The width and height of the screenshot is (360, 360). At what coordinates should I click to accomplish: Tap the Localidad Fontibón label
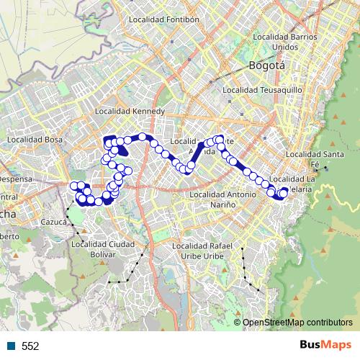[x=163, y=19]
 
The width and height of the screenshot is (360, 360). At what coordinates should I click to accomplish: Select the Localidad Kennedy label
[x=130, y=112]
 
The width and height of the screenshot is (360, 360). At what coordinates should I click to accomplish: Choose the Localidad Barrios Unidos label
[x=285, y=41]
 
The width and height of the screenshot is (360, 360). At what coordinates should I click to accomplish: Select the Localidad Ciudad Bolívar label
[x=104, y=249]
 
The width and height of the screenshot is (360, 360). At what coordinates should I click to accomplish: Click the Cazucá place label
[x=54, y=222]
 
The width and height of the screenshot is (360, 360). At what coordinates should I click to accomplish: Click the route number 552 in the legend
[x=30, y=346]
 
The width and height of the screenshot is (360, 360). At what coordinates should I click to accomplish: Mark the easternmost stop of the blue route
[x=284, y=192]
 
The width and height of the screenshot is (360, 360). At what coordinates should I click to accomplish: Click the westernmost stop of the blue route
[x=73, y=186]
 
